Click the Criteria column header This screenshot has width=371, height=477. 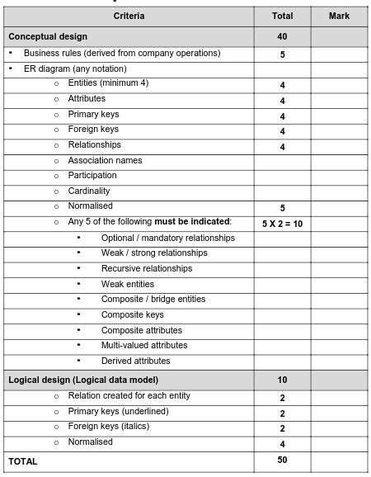tap(129, 16)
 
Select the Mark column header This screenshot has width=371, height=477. tap(339, 16)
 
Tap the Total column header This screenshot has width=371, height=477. tap(282, 16)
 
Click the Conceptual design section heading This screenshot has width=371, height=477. tap(48, 36)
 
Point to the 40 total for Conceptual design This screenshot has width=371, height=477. tap(282, 36)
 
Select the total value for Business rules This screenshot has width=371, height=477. tap(282, 55)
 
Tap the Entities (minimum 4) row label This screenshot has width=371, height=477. tap(108, 83)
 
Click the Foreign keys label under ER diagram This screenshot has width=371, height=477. tap(93, 130)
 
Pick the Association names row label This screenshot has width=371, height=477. tap(105, 160)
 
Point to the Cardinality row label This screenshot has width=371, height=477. tap(88, 191)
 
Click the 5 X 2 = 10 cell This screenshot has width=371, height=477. tap(282, 223)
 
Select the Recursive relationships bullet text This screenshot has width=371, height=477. tap(147, 268)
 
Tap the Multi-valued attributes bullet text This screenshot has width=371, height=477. tap(144, 345)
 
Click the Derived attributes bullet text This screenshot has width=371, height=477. tap(136, 361)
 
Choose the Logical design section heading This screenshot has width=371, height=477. tap(82, 380)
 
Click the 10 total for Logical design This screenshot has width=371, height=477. tap(282, 380)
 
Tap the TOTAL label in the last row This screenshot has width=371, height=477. tap(23, 462)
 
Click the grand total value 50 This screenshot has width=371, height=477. tap(282, 460)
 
